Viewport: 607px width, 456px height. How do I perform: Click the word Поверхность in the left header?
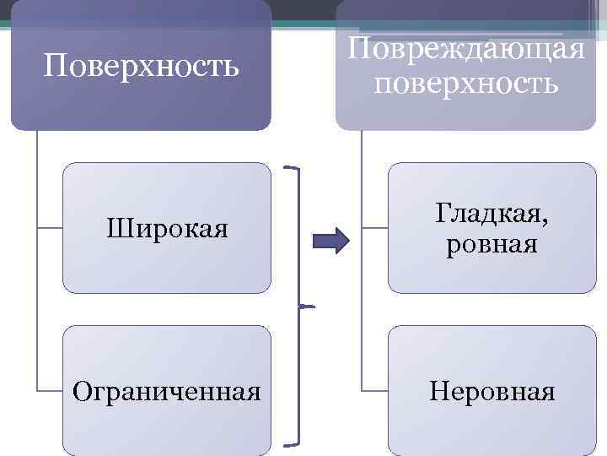click(x=141, y=65)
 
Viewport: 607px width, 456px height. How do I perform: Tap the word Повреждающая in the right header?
click(x=466, y=47)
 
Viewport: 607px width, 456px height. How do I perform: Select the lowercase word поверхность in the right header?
click(x=466, y=83)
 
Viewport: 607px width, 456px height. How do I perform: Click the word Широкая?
click(x=167, y=228)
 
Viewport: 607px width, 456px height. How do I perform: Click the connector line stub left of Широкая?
click(x=50, y=228)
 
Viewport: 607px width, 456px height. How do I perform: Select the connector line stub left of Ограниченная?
click(x=50, y=391)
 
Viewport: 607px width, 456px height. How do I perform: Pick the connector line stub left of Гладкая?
click(x=375, y=228)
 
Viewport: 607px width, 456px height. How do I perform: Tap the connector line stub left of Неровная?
click(x=375, y=391)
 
